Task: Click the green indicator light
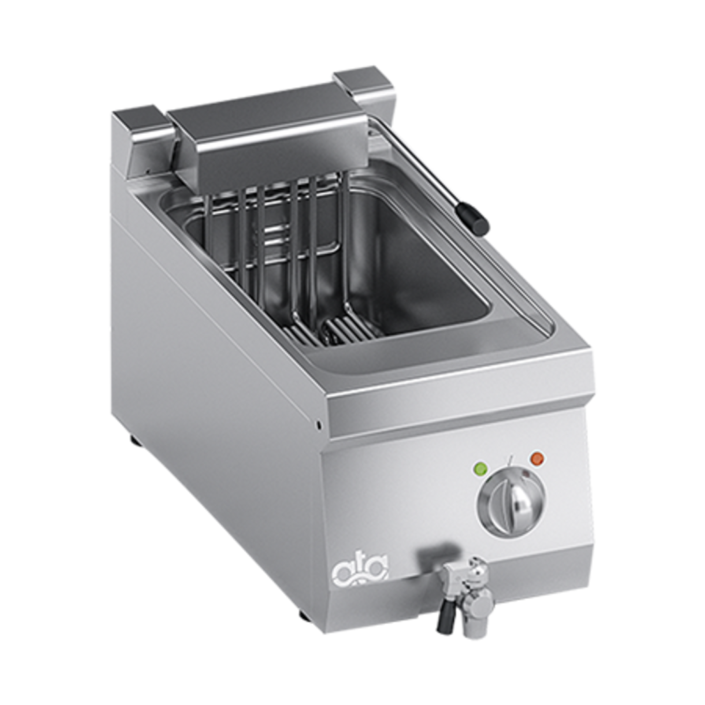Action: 481,468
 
